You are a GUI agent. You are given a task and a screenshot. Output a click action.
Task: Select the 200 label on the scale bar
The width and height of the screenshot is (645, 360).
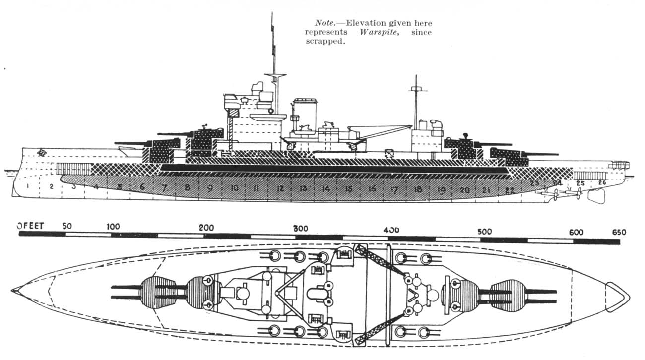point(206,228)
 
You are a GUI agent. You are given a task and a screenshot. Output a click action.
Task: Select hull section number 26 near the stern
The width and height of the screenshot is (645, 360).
point(601,183)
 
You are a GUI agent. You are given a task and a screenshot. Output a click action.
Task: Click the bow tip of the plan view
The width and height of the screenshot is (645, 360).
point(13,289)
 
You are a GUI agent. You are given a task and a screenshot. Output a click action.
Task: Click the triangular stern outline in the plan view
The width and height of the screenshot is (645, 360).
point(616,297)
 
